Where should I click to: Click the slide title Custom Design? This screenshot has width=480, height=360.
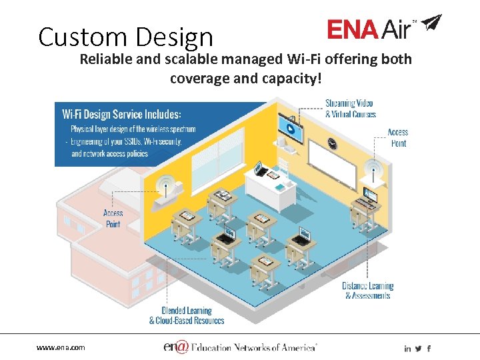point(125,37)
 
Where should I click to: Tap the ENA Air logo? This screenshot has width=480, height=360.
point(373,29)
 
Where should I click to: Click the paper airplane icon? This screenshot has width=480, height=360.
point(431,23)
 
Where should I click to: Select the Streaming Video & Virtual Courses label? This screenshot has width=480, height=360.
point(350,109)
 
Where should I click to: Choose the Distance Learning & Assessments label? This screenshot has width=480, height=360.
point(368,290)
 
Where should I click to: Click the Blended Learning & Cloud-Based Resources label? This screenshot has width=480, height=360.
point(186,315)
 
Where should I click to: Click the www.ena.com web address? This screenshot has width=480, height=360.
point(61,348)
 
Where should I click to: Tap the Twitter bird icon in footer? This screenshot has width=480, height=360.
point(418,349)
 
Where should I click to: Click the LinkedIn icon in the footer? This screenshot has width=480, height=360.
point(407,349)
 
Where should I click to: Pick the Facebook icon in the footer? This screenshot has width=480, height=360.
point(429,349)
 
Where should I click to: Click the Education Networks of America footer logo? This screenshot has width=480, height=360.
point(240,347)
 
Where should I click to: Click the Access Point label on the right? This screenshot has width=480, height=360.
point(398,137)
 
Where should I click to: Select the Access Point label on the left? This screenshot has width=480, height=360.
point(113,219)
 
